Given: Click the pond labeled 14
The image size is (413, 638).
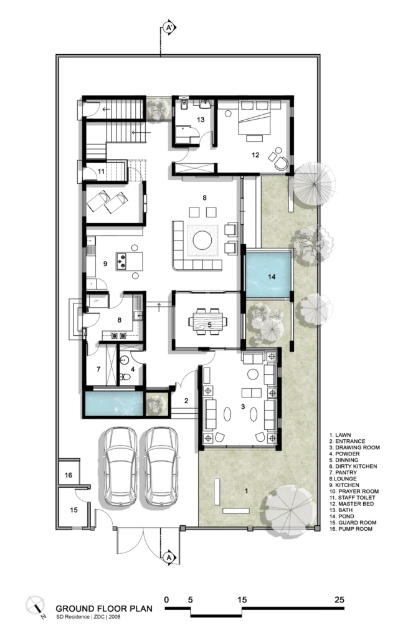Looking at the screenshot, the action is pyautogui.click(x=268, y=275).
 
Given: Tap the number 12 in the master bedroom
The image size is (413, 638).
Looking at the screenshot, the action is pyautogui.click(x=255, y=155).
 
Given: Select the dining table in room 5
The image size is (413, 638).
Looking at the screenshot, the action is pyautogui.click(x=208, y=321).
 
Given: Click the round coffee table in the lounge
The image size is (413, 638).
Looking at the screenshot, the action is pyautogui.click(x=202, y=240).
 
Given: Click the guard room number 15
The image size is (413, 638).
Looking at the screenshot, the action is pyautogui.click(x=74, y=510).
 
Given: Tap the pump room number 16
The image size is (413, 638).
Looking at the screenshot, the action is pyautogui.click(x=69, y=475).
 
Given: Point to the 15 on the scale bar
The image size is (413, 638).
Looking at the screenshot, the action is pyautogui.click(x=242, y=599).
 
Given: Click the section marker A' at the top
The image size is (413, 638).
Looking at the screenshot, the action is pyautogui.click(x=169, y=27).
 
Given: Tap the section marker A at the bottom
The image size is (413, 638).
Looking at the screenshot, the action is pyautogui.click(x=169, y=558).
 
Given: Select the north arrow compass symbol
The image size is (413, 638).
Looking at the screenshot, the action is pyautogui.click(x=36, y=606).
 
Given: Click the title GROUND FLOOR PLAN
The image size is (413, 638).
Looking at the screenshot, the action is pyautogui.click(x=104, y=609).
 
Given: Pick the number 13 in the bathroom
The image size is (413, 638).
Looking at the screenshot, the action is pyautogui.click(x=201, y=120).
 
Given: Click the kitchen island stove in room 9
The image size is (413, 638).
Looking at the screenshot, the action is pyautogui.click(x=122, y=261).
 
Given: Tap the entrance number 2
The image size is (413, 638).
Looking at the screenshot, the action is pyautogui.click(x=186, y=401).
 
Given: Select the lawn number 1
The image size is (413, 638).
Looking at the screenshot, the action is pyautogui.click(x=246, y=491).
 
